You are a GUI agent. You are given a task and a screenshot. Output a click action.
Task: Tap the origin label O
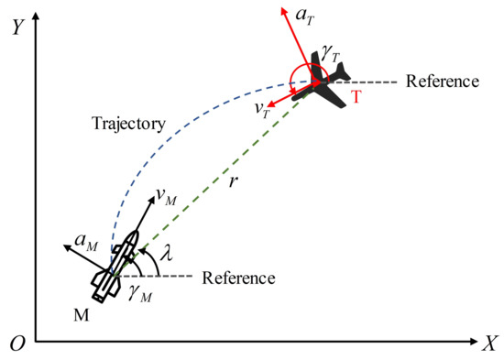click(16, 344)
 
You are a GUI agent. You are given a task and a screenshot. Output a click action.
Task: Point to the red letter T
click(355, 98)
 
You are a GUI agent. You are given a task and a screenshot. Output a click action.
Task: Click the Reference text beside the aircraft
click(442, 82)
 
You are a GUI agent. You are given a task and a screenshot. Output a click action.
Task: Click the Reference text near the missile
click(238, 277)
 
